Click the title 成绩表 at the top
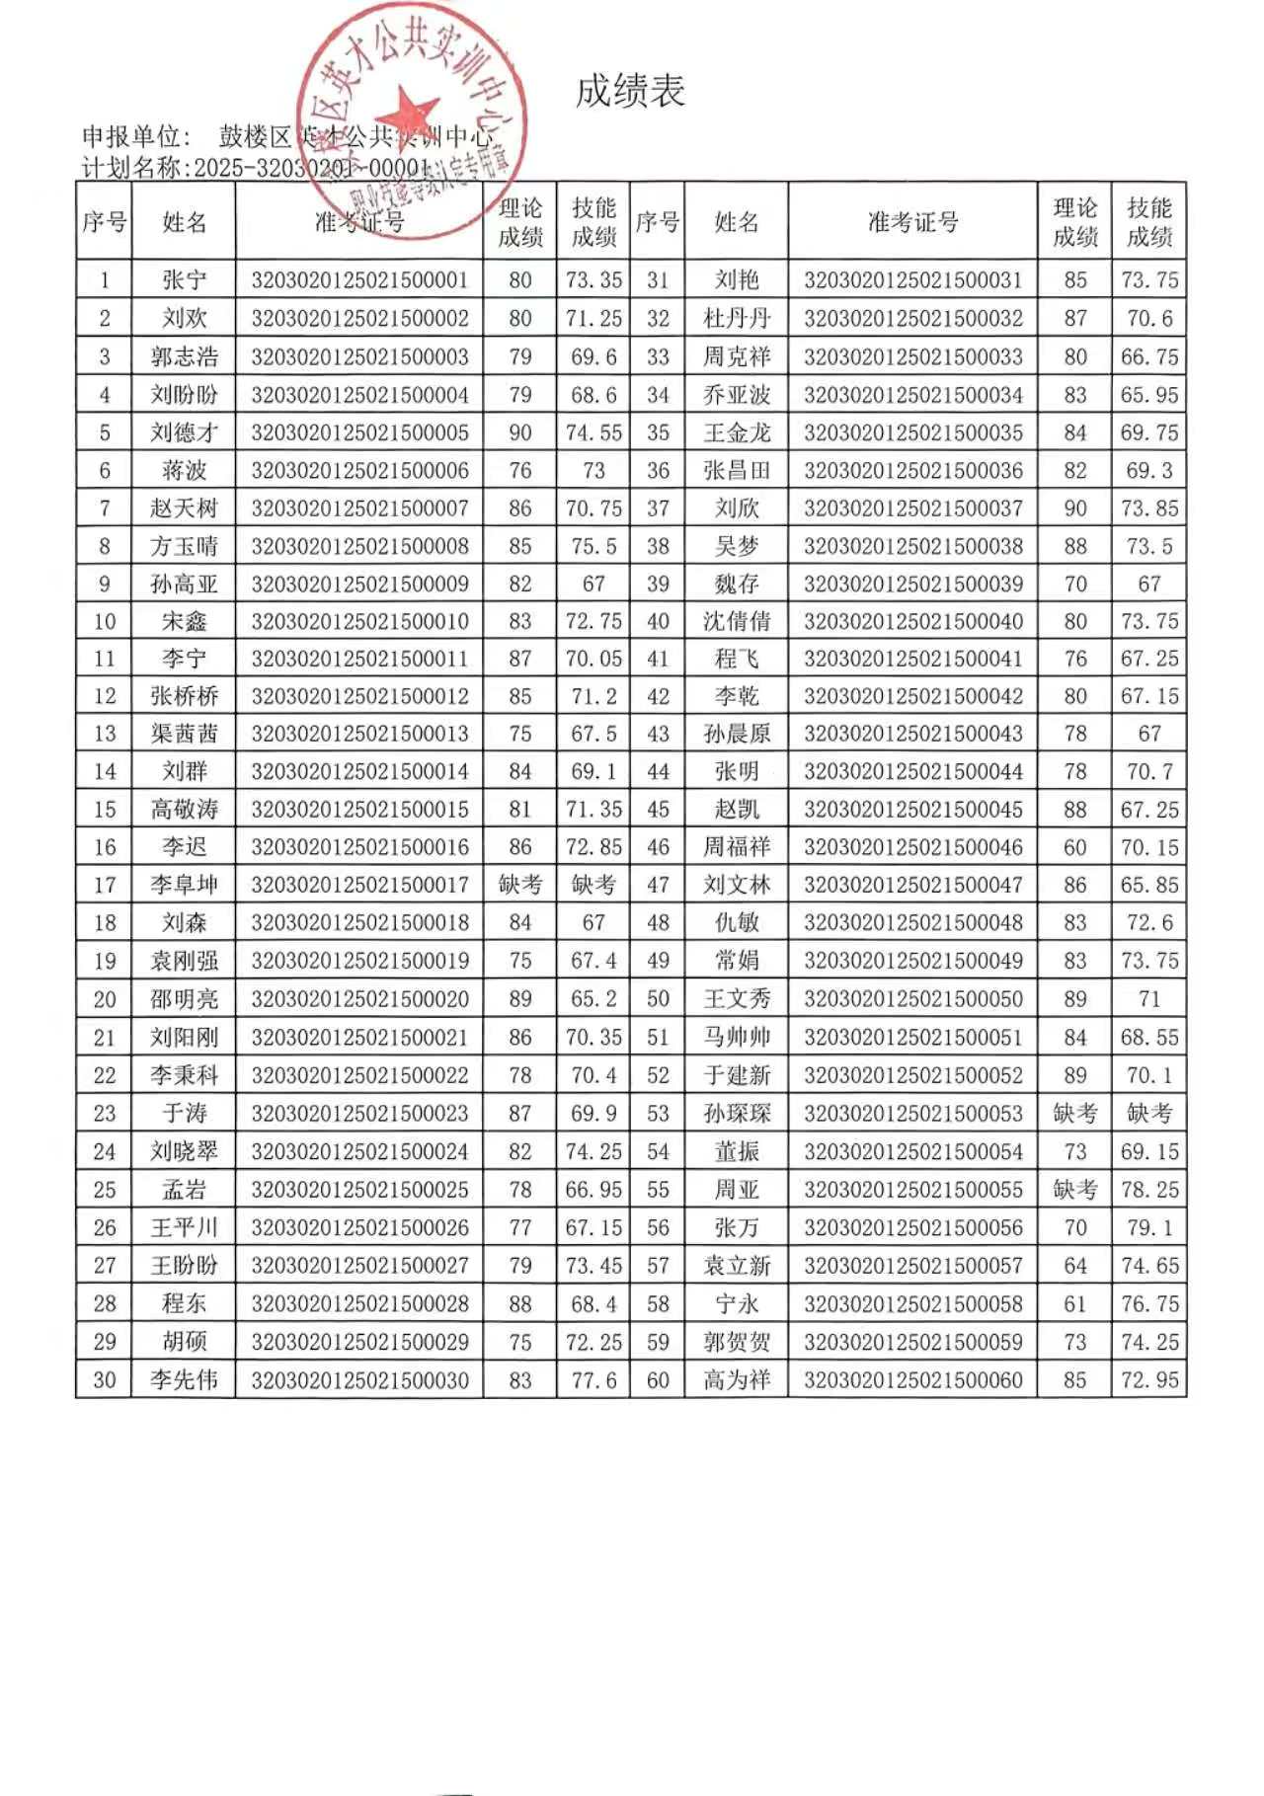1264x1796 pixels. click(630, 91)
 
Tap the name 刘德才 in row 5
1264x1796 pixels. click(184, 432)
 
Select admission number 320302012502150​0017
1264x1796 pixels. click(359, 885)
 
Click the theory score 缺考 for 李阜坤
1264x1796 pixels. click(519, 885)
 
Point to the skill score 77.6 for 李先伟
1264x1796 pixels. click(593, 1379)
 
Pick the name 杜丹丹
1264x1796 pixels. click(737, 318)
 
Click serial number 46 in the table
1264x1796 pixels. click(658, 847)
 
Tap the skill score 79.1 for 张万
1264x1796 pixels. click(1149, 1227)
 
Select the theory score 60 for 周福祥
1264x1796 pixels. click(1074, 847)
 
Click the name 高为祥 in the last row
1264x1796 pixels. click(737, 1379)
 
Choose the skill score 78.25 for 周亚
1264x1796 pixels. click(1149, 1190)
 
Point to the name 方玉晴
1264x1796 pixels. click(184, 546)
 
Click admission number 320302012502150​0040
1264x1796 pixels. click(912, 621)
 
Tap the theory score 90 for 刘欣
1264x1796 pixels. click(1074, 508)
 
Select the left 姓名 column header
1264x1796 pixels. click(184, 222)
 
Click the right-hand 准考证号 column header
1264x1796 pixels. click(912, 222)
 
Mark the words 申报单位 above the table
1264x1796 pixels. click(132, 136)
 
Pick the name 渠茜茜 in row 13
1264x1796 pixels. click(184, 734)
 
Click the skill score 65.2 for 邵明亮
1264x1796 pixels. click(593, 998)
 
